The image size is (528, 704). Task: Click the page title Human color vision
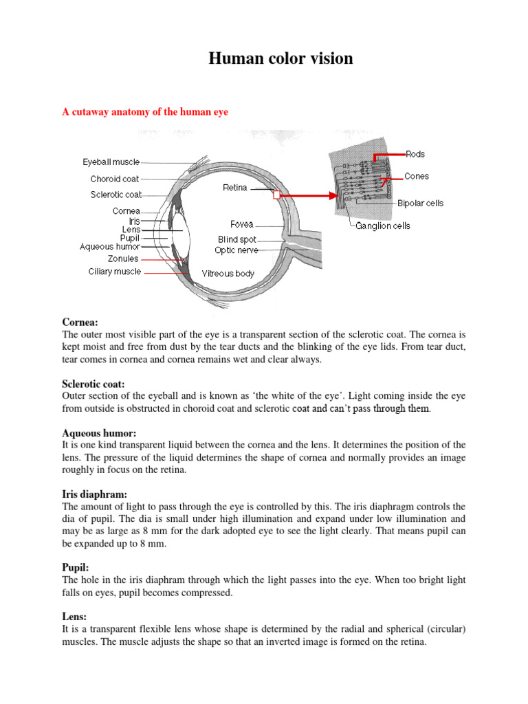pyautogui.click(x=280, y=59)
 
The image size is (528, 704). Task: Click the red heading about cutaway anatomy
pyautogui.click(x=145, y=113)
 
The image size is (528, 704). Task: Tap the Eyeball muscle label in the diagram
pyautogui.click(x=111, y=162)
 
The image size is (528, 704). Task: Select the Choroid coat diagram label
pyautogui.click(x=115, y=179)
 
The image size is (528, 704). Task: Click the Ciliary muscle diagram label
pyautogui.click(x=115, y=272)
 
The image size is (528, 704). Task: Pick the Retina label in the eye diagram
pyautogui.click(x=236, y=187)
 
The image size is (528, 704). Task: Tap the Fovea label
pyautogui.click(x=241, y=224)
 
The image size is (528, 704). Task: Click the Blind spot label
pyautogui.click(x=237, y=240)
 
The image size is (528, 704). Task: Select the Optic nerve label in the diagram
pyautogui.click(x=236, y=251)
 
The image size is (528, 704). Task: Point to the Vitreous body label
pyautogui.click(x=228, y=274)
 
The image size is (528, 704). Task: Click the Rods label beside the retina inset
pyautogui.click(x=415, y=155)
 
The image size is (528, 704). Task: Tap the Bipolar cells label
pyautogui.click(x=420, y=203)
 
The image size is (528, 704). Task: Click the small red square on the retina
pyautogui.click(x=276, y=195)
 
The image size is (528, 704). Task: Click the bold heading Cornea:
pyautogui.click(x=80, y=322)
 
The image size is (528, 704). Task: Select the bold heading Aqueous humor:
pyautogui.click(x=99, y=433)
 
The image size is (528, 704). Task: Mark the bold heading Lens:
pyautogui.click(x=74, y=617)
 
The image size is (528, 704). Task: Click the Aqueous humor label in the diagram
pyautogui.click(x=110, y=247)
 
